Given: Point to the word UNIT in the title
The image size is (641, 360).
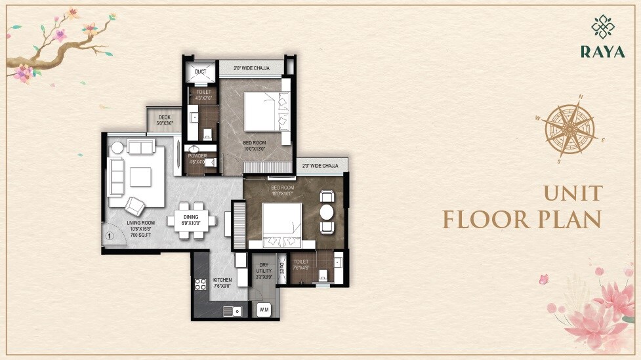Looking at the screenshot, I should [572, 193].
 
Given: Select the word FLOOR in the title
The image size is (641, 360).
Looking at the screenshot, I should [485, 219].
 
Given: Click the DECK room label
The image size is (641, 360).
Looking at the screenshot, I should [164, 120].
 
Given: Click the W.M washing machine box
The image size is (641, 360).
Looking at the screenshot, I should [264, 309].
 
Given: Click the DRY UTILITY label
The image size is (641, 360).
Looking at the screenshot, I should [264, 271].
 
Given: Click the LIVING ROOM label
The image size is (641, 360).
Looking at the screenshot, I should [142, 228].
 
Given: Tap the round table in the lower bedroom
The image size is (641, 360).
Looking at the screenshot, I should [327, 212].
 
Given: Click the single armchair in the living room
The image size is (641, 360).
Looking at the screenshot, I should [137, 205].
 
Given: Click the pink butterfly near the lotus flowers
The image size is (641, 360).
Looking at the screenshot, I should [543, 279].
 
